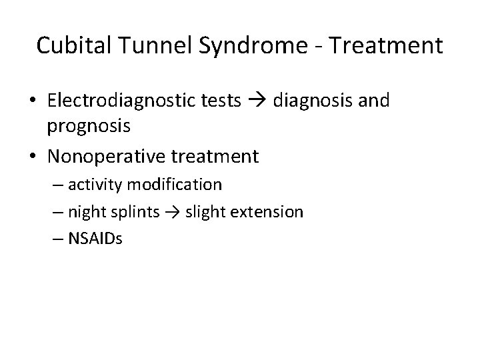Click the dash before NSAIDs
click(73, 239)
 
